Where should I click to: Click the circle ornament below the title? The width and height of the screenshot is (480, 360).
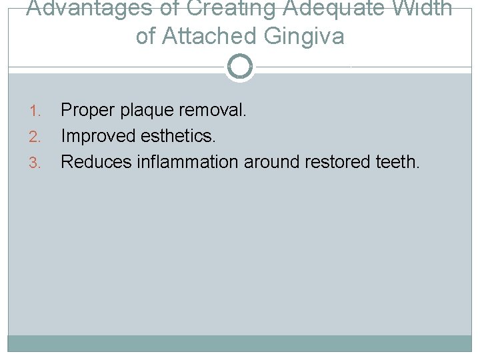click(240, 67)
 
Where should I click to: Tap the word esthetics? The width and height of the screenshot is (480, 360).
click(178, 136)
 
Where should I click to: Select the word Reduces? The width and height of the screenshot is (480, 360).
click(97, 162)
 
